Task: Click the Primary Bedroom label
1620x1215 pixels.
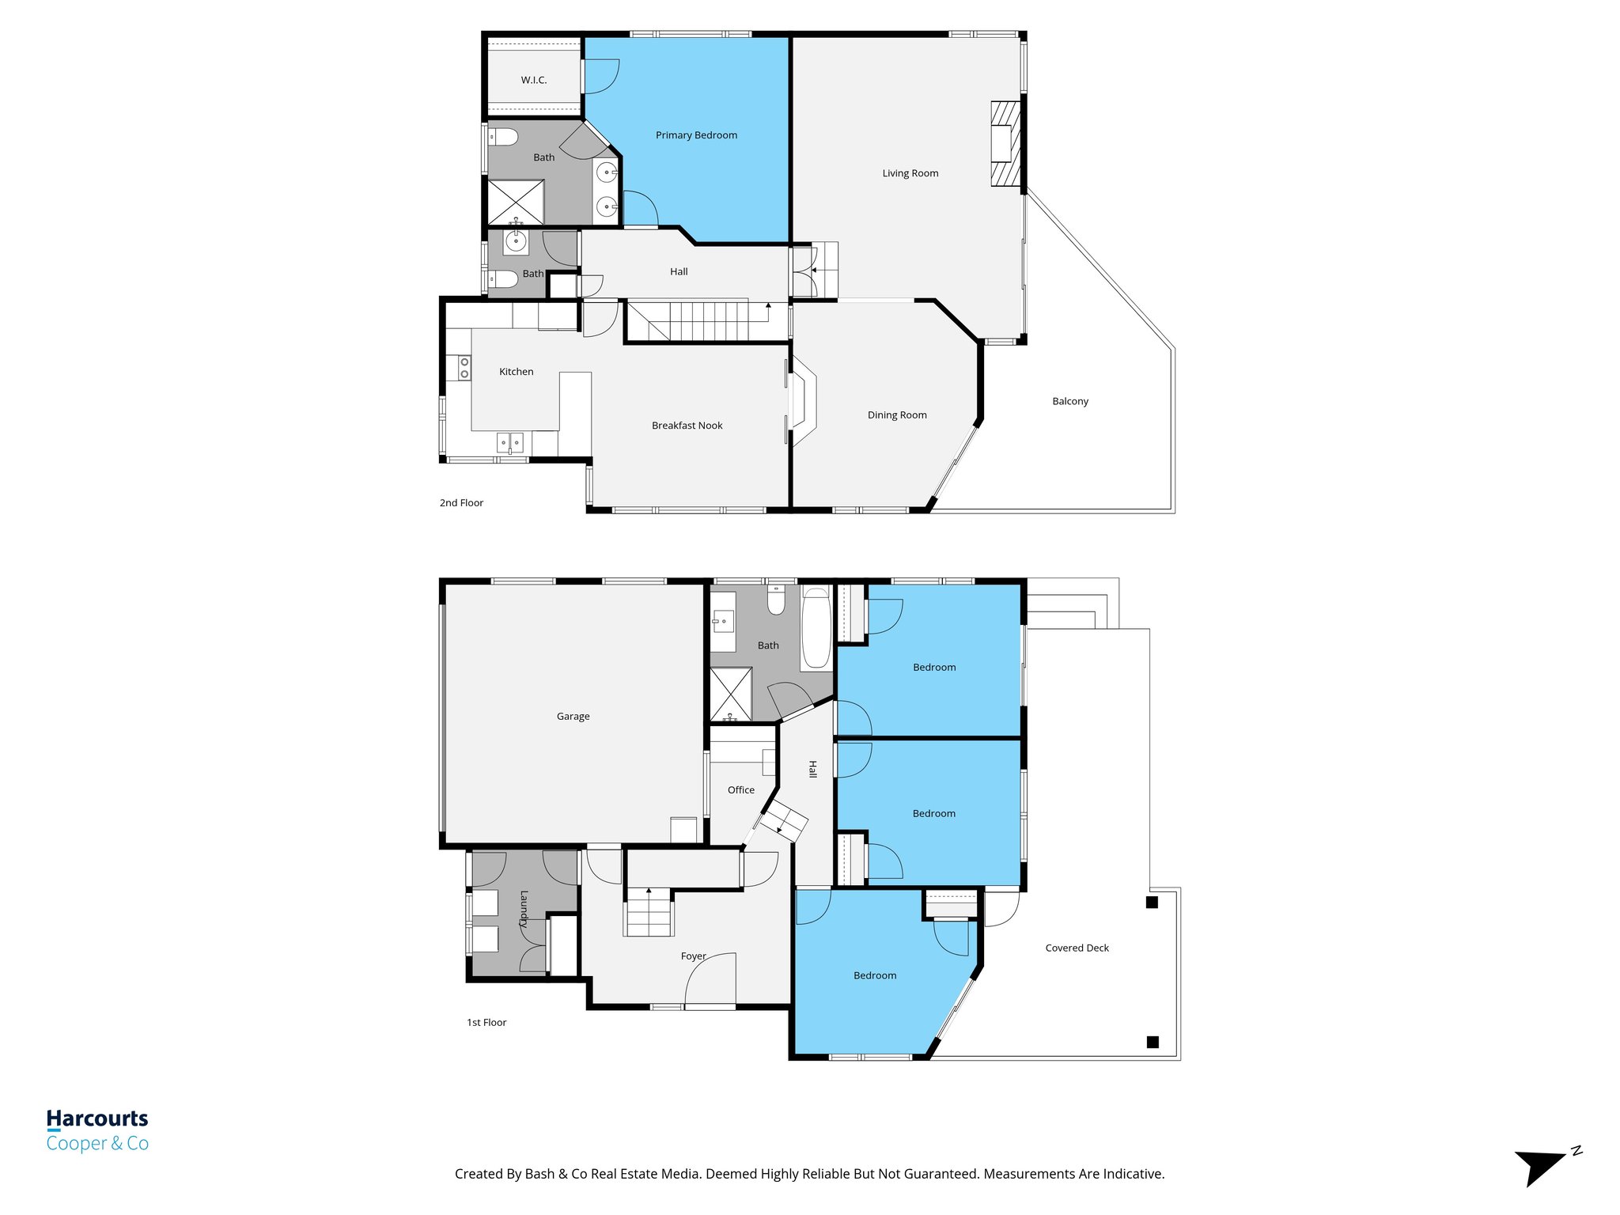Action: [696, 135]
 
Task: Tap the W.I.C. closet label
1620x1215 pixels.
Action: [534, 80]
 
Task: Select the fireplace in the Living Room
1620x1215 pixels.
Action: [1005, 144]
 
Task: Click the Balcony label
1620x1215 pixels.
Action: [1070, 401]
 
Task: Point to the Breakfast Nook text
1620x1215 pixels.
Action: [687, 426]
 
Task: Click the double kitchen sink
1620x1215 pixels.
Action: [509, 443]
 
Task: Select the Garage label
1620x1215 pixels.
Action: [573, 717]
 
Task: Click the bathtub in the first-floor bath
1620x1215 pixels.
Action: [816, 629]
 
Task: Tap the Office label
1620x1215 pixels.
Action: [740, 790]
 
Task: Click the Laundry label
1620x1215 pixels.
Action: [524, 909]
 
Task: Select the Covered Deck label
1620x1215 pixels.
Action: [1077, 948]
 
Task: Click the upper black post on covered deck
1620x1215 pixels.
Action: [1152, 903]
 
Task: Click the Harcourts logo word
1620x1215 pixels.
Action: [97, 1118]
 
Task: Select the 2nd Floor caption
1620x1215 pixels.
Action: [461, 503]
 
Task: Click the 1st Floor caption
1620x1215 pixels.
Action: [486, 1023]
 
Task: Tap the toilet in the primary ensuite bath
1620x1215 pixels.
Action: [503, 138]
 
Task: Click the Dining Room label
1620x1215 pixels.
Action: [897, 415]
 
